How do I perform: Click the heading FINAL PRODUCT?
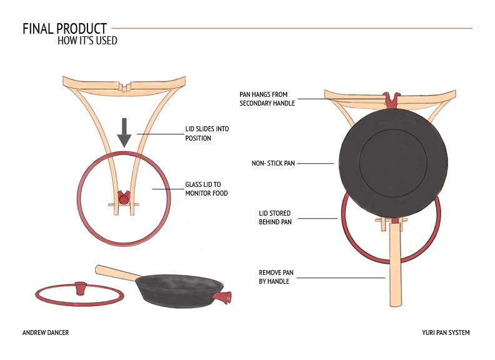[64, 29]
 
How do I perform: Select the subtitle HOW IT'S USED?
[87, 41]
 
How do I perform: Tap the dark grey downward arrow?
[124, 132]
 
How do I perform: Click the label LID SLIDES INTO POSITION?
[207, 133]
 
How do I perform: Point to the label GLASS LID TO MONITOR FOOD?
[206, 189]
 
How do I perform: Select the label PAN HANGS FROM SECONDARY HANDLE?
[267, 98]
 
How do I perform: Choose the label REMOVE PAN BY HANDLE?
[276, 277]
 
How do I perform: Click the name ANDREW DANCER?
[45, 332]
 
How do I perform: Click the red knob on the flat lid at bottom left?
[80, 287]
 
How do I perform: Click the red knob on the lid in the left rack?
[124, 198]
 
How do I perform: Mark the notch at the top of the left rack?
[124, 86]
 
